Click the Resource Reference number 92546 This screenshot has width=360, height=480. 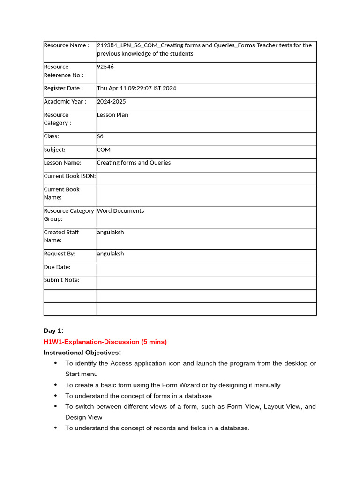(x=105, y=67)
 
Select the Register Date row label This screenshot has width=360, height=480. (x=63, y=88)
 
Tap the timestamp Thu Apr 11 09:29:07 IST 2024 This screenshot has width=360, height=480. (x=136, y=88)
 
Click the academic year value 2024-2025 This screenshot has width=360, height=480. (x=111, y=102)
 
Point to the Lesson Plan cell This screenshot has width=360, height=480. (x=112, y=115)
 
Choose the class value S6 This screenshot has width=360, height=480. (x=100, y=136)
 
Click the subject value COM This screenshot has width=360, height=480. (x=104, y=150)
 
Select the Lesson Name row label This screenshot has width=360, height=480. (x=63, y=163)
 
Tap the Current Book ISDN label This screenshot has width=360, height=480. (x=69, y=176)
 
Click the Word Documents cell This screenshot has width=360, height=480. (x=120, y=211)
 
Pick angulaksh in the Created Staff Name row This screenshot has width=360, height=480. (x=111, y=232)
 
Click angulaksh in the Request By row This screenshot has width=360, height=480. (x=111, y=254)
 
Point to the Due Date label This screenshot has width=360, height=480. (x=57, y=267)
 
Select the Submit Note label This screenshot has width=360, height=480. (x=61, y=280)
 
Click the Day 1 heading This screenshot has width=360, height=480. (x=53, y=331)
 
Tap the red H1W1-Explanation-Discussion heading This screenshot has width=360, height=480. (x=105, y=342)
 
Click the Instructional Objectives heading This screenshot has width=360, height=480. (x=82, y=352)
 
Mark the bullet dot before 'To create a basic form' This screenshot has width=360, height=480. (x=56, y=385)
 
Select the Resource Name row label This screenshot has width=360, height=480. (x=66, y=45)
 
